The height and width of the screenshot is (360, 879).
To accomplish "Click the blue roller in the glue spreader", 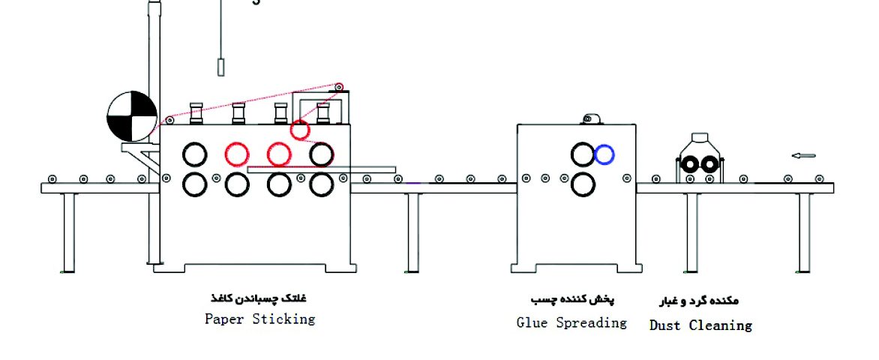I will (604, 154).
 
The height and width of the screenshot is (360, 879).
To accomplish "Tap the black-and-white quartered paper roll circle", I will (132, 117).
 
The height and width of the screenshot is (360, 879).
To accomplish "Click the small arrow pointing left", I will (803, 156).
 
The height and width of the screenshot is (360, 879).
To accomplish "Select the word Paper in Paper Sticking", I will (224, 319).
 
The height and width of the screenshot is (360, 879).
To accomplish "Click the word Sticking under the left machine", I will (283, 319).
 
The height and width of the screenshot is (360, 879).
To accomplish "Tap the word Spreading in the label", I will (594, 322).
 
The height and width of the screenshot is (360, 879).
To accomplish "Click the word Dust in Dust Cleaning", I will (666, 325).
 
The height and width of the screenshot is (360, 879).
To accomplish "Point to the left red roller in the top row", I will (236, 154).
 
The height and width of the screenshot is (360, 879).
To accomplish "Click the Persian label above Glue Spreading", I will (571, 299).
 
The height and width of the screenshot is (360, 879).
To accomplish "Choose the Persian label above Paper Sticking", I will (259, 298).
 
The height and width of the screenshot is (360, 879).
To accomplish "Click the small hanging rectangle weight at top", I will (221, 67).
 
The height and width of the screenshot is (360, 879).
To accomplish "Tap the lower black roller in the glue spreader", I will (582, 183).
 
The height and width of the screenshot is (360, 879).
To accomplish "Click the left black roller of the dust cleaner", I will (691, 163).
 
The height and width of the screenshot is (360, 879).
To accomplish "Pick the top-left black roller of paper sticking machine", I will (194, 154).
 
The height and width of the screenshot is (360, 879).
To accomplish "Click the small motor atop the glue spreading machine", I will (592, 118).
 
